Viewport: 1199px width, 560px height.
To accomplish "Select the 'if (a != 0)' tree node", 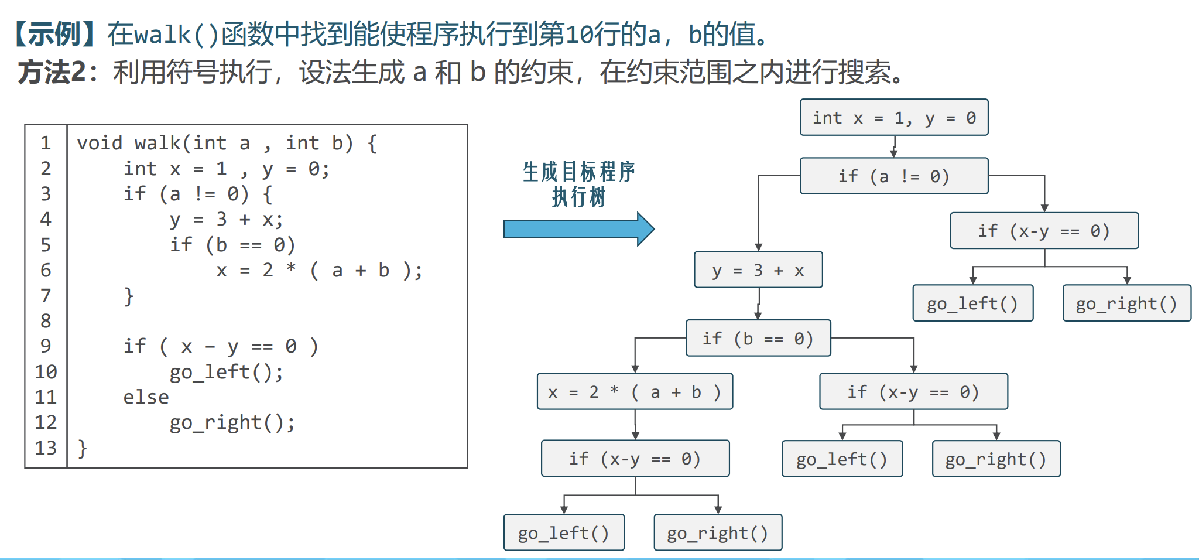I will (x=893, y=176).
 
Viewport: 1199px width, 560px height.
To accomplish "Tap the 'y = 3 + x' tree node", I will (x=758, y=270).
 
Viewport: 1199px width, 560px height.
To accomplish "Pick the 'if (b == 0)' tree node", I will (x=758, y=338).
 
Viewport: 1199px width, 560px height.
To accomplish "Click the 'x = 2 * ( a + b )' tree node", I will (x=634, y=391).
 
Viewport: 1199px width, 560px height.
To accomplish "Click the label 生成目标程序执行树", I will (x=578, y=184).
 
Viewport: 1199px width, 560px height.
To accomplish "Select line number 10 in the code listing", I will (x=46, y=372).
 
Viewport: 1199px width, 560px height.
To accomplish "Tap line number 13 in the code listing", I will (x=46, y=448).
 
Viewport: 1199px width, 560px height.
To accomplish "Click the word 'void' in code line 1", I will (x=100, y=143).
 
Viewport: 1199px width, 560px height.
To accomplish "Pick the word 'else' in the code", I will (x=146, y=397).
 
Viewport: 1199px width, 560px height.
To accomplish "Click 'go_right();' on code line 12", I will (x=232, y=422).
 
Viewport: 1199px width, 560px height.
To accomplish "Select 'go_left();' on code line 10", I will (x=226, y=372).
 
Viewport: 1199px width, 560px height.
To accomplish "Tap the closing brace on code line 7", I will (x=129, y=296).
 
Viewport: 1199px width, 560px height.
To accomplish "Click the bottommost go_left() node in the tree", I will (x=563, y=532).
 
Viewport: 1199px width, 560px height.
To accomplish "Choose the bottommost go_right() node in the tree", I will (x=717, y=532).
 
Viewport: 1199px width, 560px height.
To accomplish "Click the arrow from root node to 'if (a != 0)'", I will (x=894, y=146).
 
